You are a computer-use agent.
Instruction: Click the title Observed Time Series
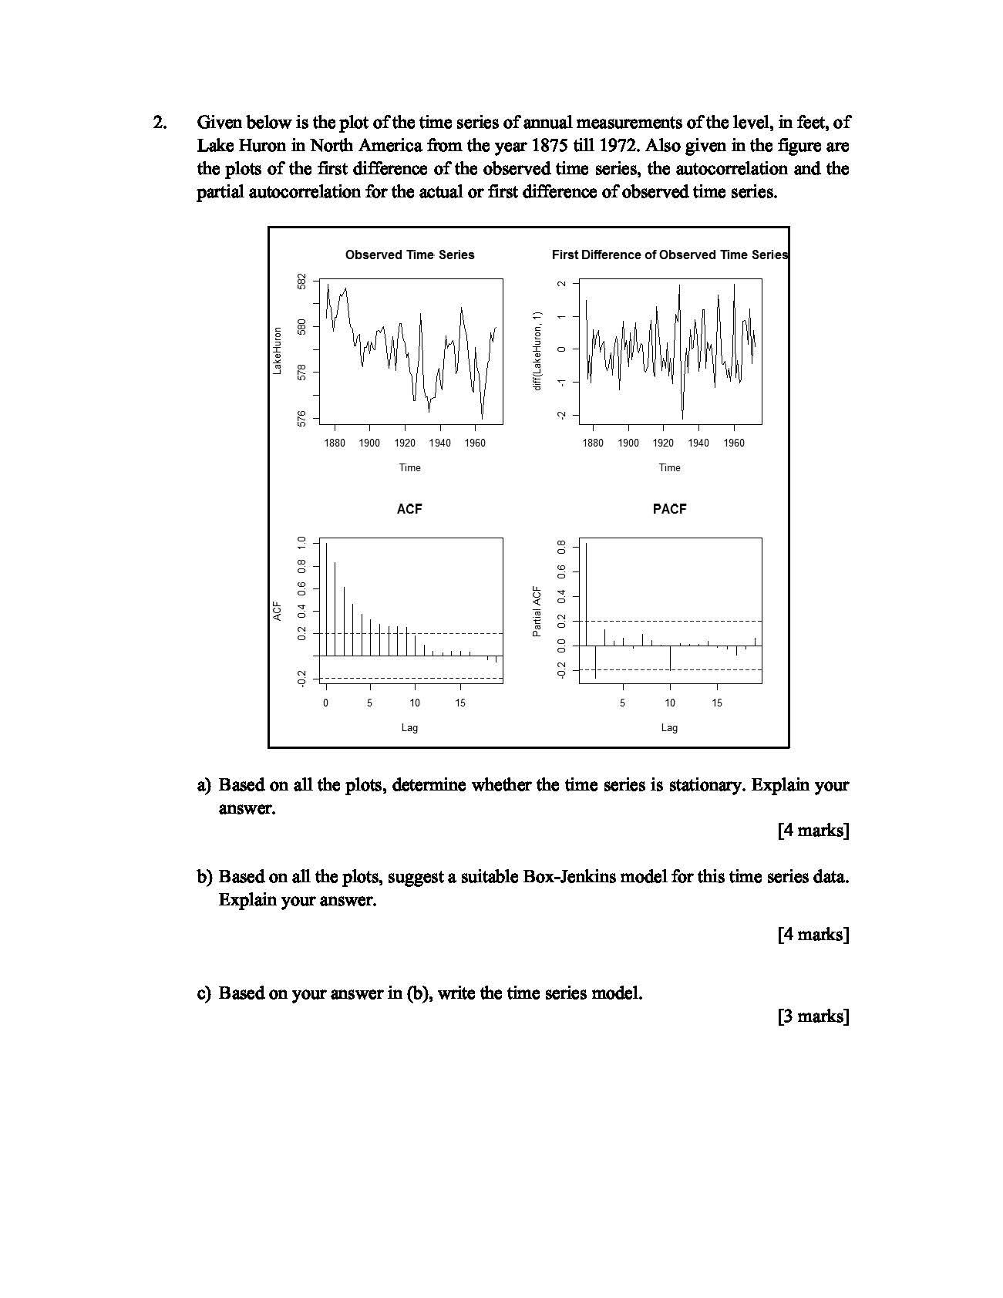click(x=409, y=255)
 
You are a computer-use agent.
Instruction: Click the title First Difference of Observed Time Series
click(x=669, y=255)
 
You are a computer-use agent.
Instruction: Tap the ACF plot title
click(x=409, y=509)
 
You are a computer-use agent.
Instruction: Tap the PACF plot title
click(x=669, y=509)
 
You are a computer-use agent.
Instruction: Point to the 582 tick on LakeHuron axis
click(x=302, y=282)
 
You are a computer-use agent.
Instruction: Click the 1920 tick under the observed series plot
click(x=405, y=443)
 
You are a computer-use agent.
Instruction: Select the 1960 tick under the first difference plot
click(x=734, y=443)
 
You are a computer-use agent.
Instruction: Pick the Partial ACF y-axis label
click(x=537, y=612)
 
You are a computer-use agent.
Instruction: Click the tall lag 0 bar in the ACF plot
click(x=326, y=598)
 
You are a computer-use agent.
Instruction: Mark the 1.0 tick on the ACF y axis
click(x=302, y=543)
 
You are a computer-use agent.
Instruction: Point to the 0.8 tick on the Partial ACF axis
click(x=562, y=548)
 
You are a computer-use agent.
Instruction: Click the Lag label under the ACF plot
click(x=409, y=727)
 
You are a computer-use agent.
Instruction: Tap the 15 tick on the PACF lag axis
click(x=717, y=703)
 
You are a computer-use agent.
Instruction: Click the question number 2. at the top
click(x=160, y=123)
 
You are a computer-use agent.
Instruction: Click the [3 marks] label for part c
click(x=813, y=1016)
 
